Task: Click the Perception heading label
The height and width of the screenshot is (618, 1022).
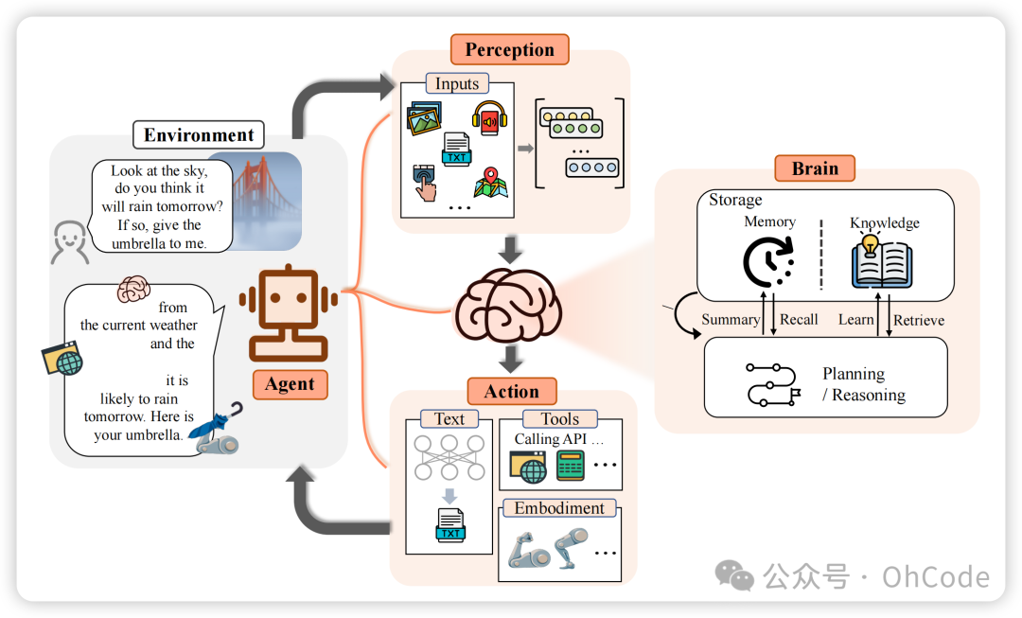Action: [x=509, y=49]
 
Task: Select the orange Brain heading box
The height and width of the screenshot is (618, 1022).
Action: [x=815, y=168]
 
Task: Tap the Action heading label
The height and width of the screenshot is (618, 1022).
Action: [x=511, y=391]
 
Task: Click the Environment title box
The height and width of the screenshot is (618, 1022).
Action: [x=199, y=134]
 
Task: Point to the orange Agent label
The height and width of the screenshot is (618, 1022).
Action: [x=290, y=383]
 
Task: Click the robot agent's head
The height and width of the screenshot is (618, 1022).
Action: [x=289, y=298]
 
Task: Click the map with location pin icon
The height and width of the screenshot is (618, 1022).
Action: [x=491, y=182]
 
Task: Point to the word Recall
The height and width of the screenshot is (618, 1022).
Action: [x=799, y=319]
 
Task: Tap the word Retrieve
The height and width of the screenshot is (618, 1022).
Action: [x=919, y=320]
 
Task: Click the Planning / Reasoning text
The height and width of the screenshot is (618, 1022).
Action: [x=863, y=384]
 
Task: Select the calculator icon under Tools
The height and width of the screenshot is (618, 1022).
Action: [x=570, y=466]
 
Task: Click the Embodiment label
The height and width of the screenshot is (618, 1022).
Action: [x=558, y=508]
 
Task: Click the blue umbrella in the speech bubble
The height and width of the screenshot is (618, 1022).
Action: [x=215, y=425]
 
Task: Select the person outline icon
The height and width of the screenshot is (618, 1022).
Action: [x=69, y=242]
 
